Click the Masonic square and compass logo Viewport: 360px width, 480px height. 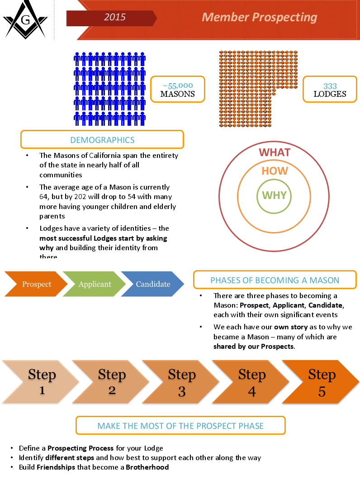tap(25, 20)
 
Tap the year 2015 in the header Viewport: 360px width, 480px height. tap(115, 18)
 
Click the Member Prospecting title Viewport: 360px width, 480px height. tap(259, 17)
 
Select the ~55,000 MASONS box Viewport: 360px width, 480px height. tap(178, 89)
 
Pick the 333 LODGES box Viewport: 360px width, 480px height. tap(330, 90)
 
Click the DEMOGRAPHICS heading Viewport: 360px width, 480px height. tap(102, 140)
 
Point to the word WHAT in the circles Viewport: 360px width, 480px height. tap(274, 152)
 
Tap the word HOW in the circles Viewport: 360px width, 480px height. tap(275, 171)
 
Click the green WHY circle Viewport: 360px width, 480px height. tap(275, 196)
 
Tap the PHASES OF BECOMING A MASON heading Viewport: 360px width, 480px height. tap(275, 280)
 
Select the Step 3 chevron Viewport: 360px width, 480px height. tap(181, 382)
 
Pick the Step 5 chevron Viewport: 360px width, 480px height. tap(322, 382)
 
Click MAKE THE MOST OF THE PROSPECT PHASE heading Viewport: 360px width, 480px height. tap(180, 426)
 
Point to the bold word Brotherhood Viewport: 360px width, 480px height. tap(147, 467)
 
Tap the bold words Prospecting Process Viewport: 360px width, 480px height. tap(81, 448)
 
